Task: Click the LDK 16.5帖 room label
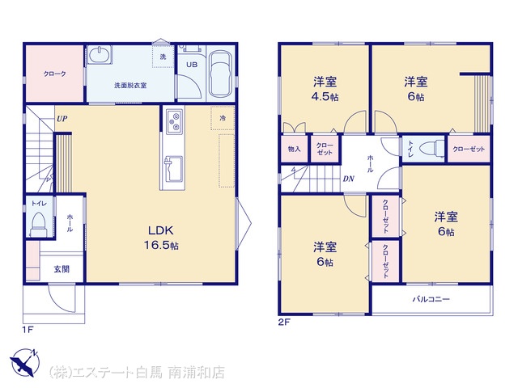click(x=161, y=238)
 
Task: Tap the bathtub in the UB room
click(x=221, y=74)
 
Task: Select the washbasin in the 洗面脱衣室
click(x=100, y=54)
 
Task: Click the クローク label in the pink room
click(x=55, y=74)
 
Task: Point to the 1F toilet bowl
click(x=39, y=225)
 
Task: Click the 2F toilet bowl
click(x=432, y=148)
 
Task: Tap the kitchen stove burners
click(x=174, y=120)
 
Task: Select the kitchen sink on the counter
click(x=173, y=168)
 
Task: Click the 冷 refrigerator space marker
click(x=223, y=118)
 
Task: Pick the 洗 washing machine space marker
click(x=163, y=57)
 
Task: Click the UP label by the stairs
click(x=62, y=119)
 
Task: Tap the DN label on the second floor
click(x=349, y=179)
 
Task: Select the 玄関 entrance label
click(x=62, y=269)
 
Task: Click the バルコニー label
click(x=431, y=299)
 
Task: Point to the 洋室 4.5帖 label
click(x=325, y=88)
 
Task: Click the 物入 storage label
click(x=294, y=149)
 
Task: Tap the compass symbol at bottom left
click(x=25, y=363)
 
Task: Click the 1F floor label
click(x=28, y=330)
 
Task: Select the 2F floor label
click(x=284, y=323)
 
